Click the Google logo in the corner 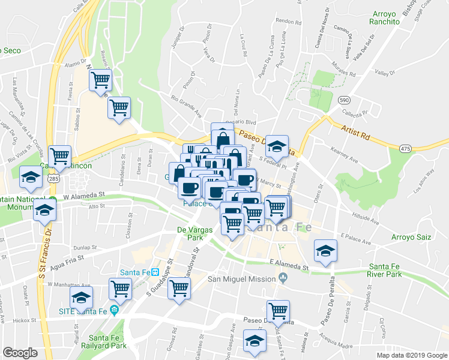20,353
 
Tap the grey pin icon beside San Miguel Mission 283,278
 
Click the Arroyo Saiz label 411,237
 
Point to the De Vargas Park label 190,233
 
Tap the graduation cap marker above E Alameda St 325,250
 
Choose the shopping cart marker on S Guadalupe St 179,290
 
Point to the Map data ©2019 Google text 412,355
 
